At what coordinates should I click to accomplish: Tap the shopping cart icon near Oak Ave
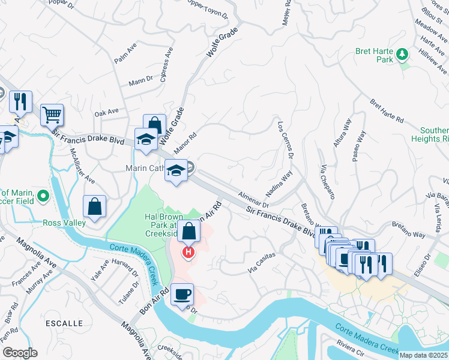coord(52,114)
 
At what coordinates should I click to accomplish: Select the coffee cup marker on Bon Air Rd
coord(182,294)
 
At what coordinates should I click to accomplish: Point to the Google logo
coord(20,352)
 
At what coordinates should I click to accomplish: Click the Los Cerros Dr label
coord(285,141)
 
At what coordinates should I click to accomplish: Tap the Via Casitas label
coord(262,263)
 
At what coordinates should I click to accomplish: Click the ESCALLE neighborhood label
coord(64,323)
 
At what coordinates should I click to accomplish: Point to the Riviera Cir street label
coord(351,347)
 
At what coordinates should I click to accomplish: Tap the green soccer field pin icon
coord(43,196)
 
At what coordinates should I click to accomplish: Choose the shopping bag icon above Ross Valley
coord(95,206)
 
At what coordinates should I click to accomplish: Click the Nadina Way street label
coord(279,182)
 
